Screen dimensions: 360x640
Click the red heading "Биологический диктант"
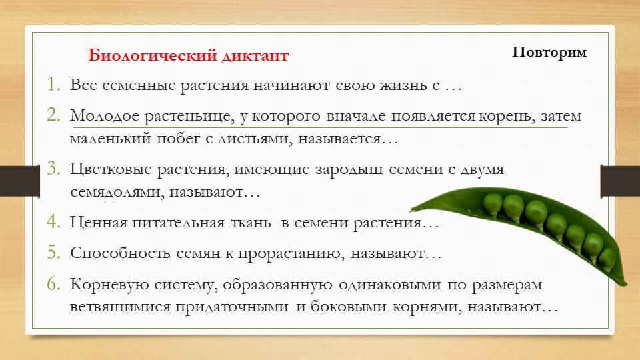(189, 56)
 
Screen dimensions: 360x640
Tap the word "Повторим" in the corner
(549, 52)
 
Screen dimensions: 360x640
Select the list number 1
(53, 86)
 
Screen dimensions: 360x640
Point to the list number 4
(53, 222)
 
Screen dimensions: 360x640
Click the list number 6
(53, 283)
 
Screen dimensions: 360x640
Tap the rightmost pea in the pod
(607, 257)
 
